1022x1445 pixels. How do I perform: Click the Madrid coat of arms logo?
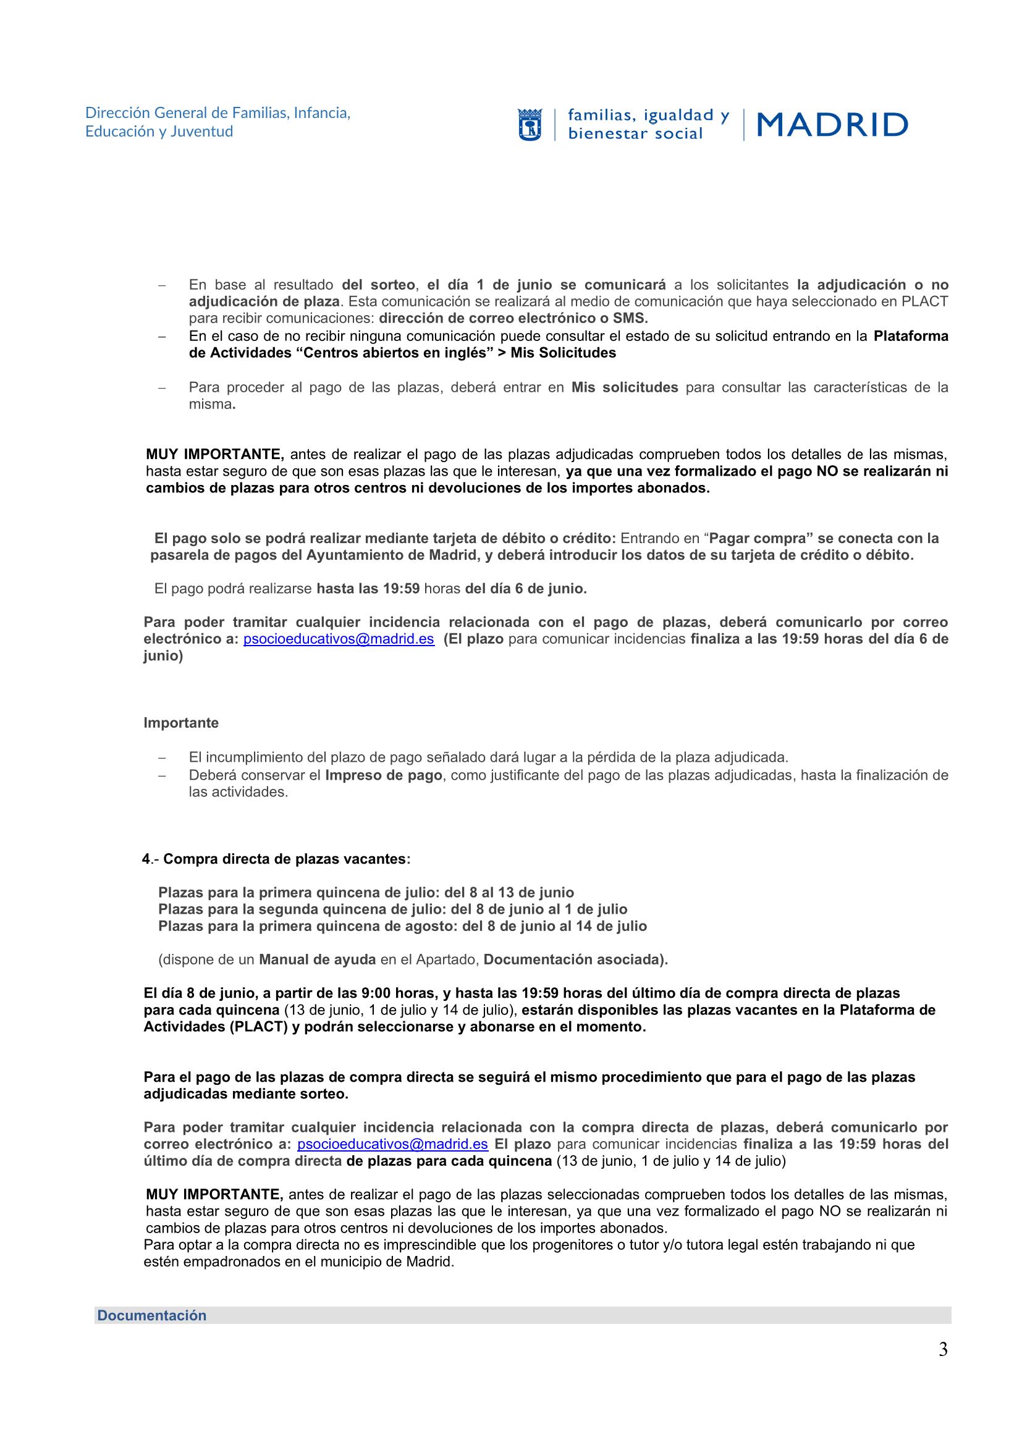[530, 125]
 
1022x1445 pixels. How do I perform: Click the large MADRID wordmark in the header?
[832, 125]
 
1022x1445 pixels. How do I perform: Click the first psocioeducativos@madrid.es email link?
[339, 639]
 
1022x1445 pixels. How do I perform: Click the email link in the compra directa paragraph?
[392, 1144]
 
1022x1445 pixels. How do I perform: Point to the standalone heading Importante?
[181, 723]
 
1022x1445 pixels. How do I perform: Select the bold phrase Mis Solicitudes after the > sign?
[564, 353]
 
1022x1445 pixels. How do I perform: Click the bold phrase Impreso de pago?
[383, 775]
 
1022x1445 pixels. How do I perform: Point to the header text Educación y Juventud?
[159, 132]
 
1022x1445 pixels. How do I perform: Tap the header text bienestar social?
[635, 133]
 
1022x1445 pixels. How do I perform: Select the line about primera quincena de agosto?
[403, 927]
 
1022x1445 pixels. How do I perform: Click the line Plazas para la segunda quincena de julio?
[393, 909]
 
